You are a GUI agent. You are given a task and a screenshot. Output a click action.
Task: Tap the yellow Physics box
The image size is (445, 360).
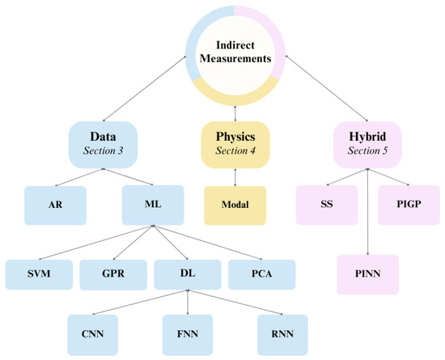pos(235,141)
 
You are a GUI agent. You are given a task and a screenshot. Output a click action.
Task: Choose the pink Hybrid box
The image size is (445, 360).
pos(368,141)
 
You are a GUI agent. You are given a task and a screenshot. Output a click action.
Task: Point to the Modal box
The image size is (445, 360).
pos(235,205)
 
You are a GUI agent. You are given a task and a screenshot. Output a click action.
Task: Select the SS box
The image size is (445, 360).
pos(325,205)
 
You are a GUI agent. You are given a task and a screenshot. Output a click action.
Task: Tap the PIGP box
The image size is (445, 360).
pos(409,205)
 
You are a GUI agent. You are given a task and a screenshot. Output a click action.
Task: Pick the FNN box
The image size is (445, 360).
pos(188,332)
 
